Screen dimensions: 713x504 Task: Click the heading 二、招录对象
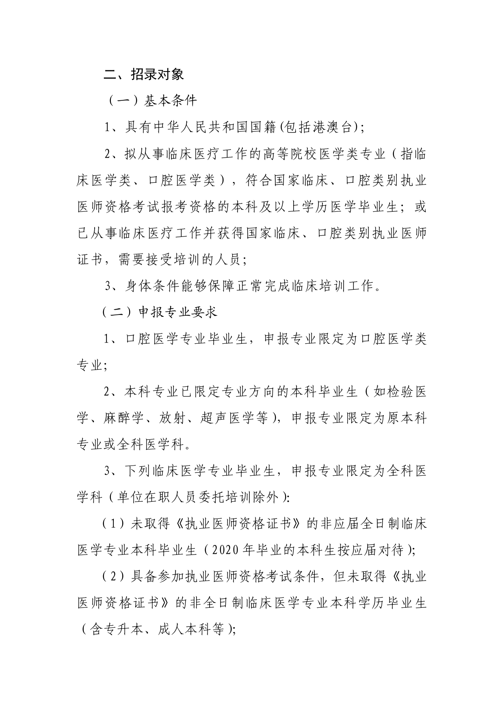[x=144, y=74]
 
